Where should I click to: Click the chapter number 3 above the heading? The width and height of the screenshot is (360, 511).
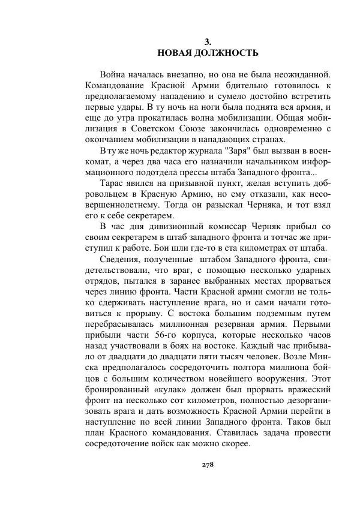pyautogui.click(x=208, y=42)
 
